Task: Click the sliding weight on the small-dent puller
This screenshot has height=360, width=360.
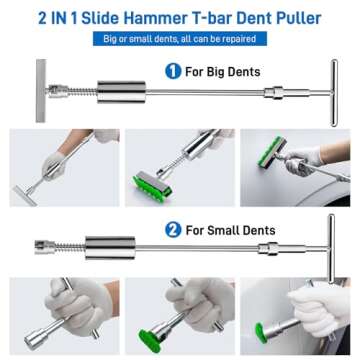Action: [x=108, y=242]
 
